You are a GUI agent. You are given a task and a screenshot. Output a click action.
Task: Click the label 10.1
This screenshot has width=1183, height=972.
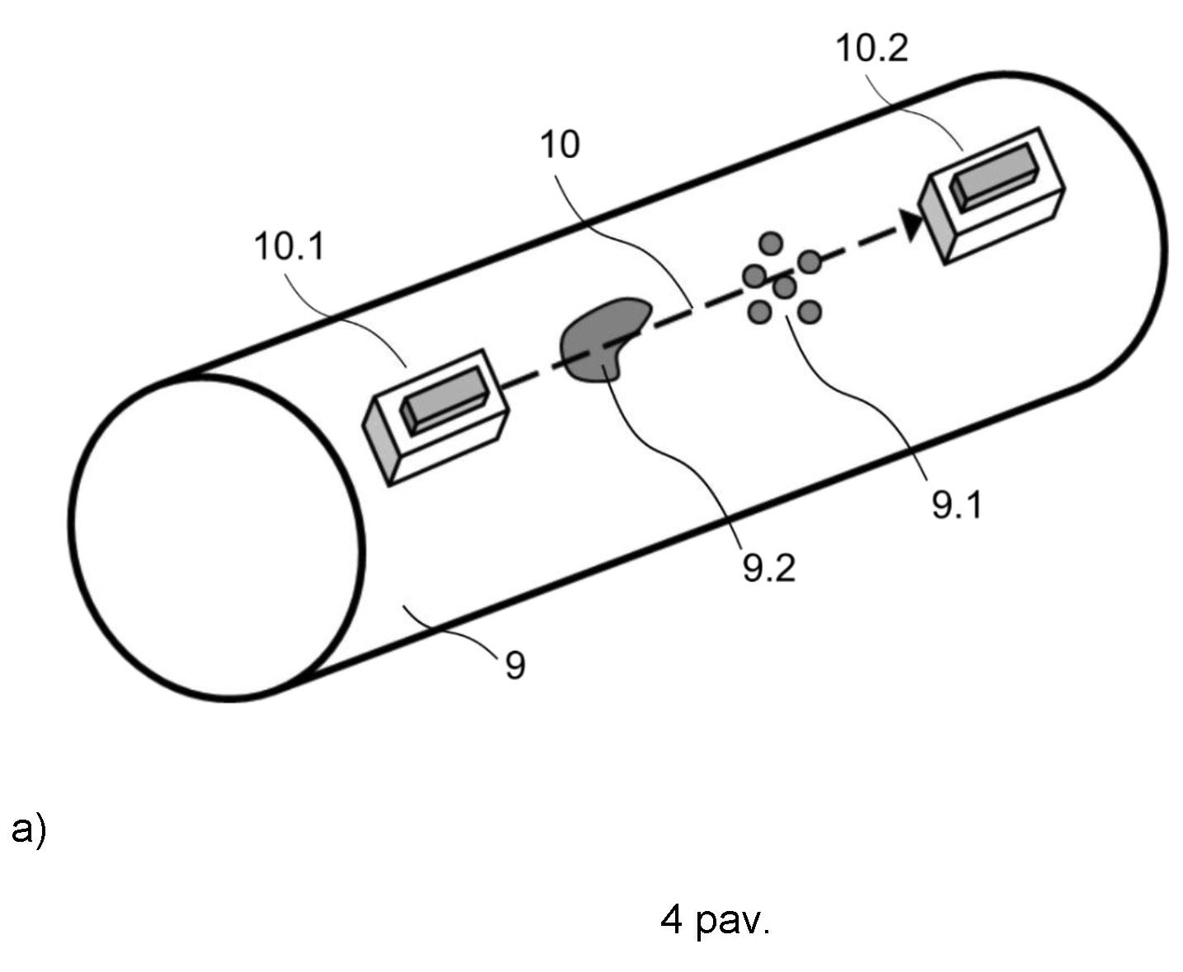(x=289, y=246)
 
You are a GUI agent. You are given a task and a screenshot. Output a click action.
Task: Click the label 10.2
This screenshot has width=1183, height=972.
(x=871, y=48)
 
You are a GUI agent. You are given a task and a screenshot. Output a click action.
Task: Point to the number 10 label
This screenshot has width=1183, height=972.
(x=560, y=145)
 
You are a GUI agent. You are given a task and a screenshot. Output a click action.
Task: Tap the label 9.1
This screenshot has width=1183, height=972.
(x=957, y=504)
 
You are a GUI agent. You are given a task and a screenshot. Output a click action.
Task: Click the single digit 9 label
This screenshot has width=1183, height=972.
(x=515, y=666)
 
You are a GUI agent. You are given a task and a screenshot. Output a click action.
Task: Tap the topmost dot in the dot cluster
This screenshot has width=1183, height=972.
(x=771, y=243)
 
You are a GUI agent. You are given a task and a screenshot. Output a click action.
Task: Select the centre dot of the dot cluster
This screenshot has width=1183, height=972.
(x=784, y=287)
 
